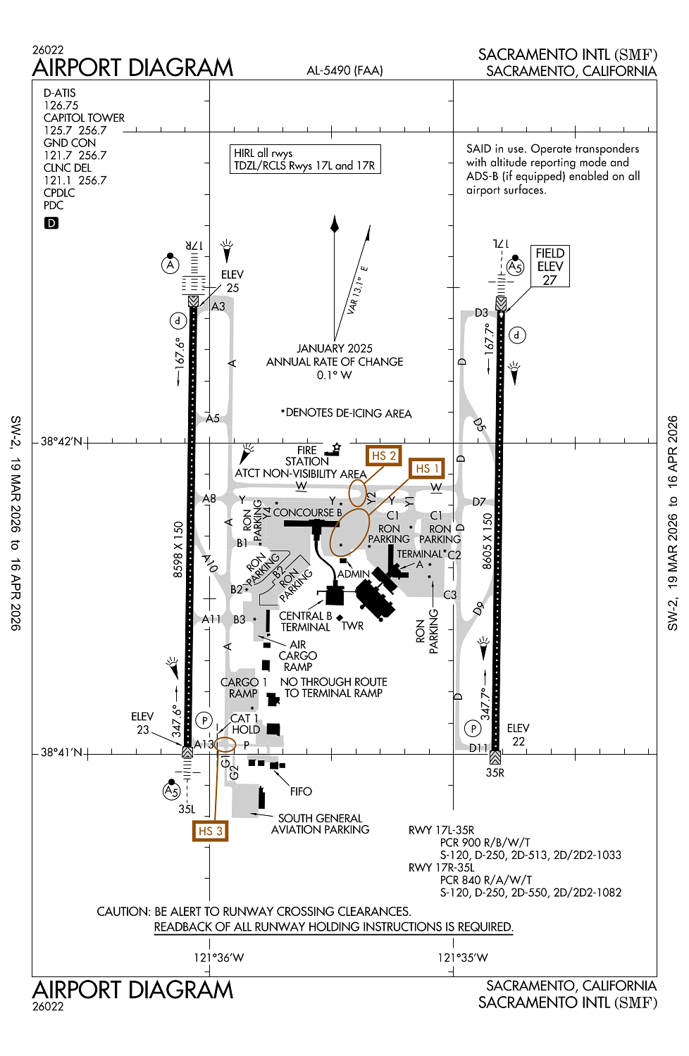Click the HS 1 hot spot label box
[x=427, y=468]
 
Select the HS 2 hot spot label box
[x=383, y=455]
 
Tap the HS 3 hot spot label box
[x=210, y=831]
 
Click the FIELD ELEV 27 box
[x=550, y=266]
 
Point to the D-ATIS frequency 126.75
[x=61, y=106]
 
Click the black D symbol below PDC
[x=51, y=223]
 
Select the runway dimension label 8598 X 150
[x=178, y=549]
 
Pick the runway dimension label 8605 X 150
[x=487, y=541]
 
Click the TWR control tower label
[x=352, y=626]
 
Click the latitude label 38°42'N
[x=61, y=441]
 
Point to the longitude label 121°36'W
[x=218, y=957]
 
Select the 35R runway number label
[x=495, y=772]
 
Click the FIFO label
[x=301, y=791]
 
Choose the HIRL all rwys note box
[x=305, y=159]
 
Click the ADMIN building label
[x=353, y=574]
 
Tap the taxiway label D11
[x=478, y=748]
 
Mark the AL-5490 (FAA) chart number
[x=344, y=70]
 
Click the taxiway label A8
[x=209, y=498]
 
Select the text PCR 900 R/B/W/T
[x=485, y=842]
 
